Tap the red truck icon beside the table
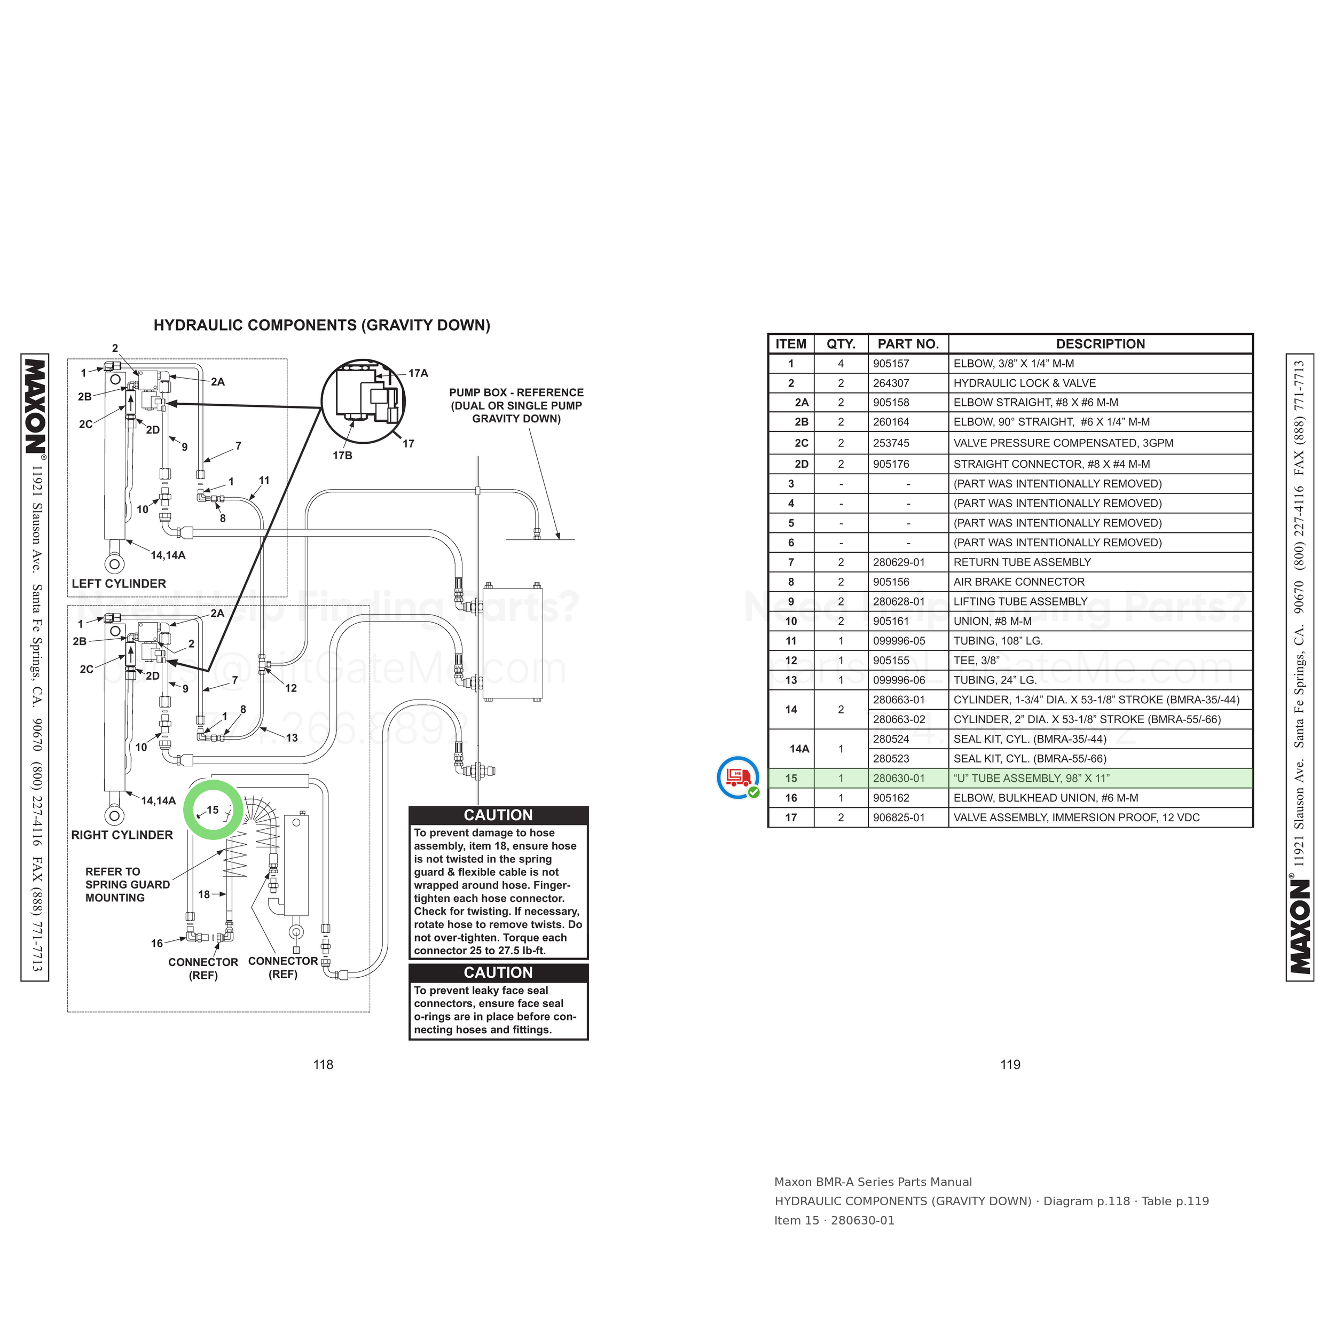pyautogui.click(x=737, y=776)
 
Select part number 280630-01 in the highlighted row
pyautogui.click(x=898, y=778)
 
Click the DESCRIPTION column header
pyautogui.click(x=1100, y=344)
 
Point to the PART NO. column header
pyautogui.click(x=908, y=344)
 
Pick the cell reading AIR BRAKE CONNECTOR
pyautogui.click(x=1018, y=582)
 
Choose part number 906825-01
pyautogui.click(x=898, y=818)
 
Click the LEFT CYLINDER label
pyautogui.click(x=119, y=584)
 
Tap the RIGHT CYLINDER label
pyautogui.click(x=122, y=835)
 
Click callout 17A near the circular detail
pyautogui.click(x=418, y=373)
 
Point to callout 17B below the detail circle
pyautogui.click(x=342, y=456)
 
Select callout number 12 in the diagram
pyautogui.click(x=291, y=688)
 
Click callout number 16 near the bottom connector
pyautogui.click(x=157, y=943)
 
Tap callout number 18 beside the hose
pyautogui.click(x=204, y=894)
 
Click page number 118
pyautogui.click(x=324, y=1065)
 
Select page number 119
pyautogui.click(x=1010, y=1065)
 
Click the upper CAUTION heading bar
pyautogui.click(x=498, y=815)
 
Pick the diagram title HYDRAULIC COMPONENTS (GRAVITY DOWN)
pyautogui.click(x=322, y=325)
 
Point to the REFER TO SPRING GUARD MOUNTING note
pyautogui.click(x=128, y=884)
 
